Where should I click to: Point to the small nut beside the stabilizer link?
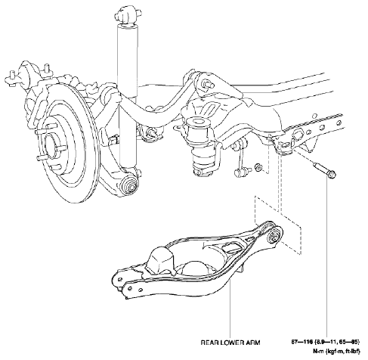(x=259, y=166)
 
